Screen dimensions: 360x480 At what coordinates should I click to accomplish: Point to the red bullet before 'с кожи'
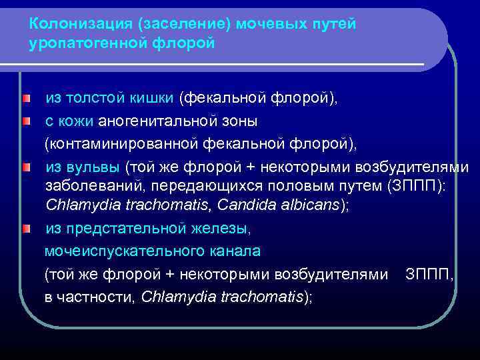[25, 122]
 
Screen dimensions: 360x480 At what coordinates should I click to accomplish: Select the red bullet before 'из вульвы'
[25, 165]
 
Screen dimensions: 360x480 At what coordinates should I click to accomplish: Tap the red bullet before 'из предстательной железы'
[25, 229]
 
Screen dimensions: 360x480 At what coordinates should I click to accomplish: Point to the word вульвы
[93, 165]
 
